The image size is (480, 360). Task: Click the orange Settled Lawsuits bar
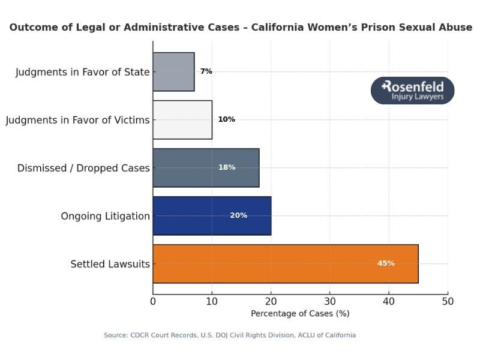pyautogui.click(x=285, y=263)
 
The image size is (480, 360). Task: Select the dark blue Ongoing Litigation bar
pyautogui.click(x=212, y=215)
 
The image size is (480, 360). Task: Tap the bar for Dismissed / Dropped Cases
pyautogui.click(x=206, y=167)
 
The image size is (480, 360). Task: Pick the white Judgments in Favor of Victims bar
pyautogui.click(x=182, y=119)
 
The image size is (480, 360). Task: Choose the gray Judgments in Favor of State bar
pyautogui.click(x=173, y=71)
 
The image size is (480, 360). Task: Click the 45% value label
pyautogui.click(x=386, y=263)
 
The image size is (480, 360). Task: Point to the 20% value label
pyautogui.click(x=238, y=215)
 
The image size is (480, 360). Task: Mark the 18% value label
pyautogui.click(x=227, y=167)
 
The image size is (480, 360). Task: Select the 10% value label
pyautogui.click(x=226, y=119)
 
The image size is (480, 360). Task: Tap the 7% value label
pyautogui.click(x=206, y=71)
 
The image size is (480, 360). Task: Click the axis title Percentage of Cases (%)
pyautogui.click(x=300, y=313)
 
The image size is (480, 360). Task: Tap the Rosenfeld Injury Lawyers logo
pyautogui.click(x=413, y=91)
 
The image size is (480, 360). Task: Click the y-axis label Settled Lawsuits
pyautogui.click(x=110, y=264)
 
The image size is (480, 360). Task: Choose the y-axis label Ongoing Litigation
pyautogui.click(x=105, y=216)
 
